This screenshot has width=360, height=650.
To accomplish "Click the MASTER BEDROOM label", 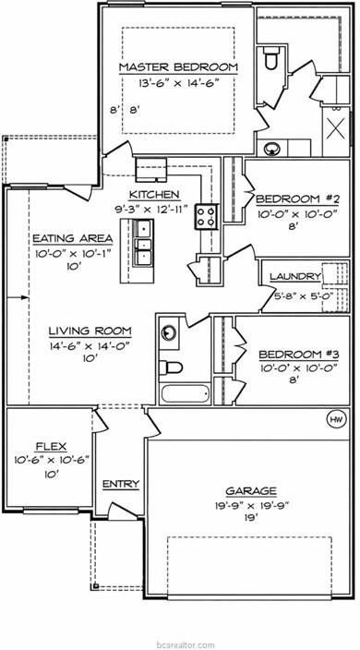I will pyautogui.click(x=178, y=67).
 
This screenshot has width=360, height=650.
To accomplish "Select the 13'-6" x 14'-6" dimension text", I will pyautogui.click(x=178, y=83).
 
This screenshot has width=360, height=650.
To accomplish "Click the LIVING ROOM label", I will pyautogui.click(x=90, y=331).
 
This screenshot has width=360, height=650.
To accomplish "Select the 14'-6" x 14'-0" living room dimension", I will pyautogui.click(x=90, y=345).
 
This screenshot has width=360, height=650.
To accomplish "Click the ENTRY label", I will pyautogui.click(x=120, y=483).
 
